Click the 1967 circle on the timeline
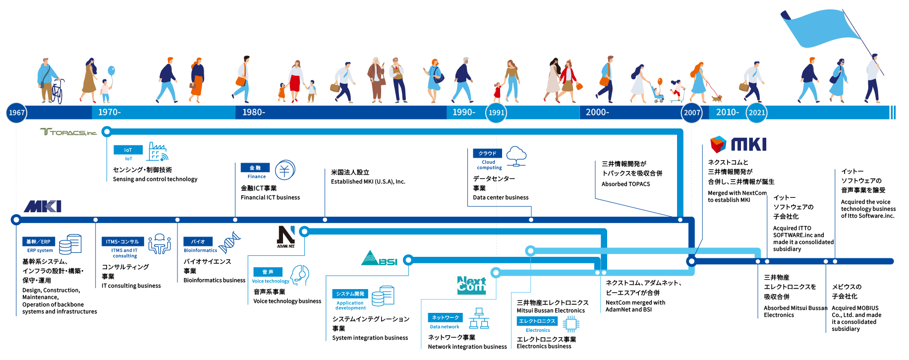pos(16,113)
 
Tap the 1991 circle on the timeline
pos(496,113)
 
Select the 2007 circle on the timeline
pos(692,113)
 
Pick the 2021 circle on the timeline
pos(756,113)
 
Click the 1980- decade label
pos(253,113)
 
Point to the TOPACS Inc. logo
pos(68,132)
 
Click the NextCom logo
pos(471,286)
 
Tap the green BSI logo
pos(379,258)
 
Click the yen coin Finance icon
pos(285,170)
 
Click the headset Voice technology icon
pos(300,275)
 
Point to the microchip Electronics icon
pos(570,324)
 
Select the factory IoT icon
pos(157,152)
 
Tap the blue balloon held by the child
pos(111,71)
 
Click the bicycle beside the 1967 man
pos(57,92)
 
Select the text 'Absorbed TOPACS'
pos(625,184)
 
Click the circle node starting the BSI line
pos(408,260)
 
